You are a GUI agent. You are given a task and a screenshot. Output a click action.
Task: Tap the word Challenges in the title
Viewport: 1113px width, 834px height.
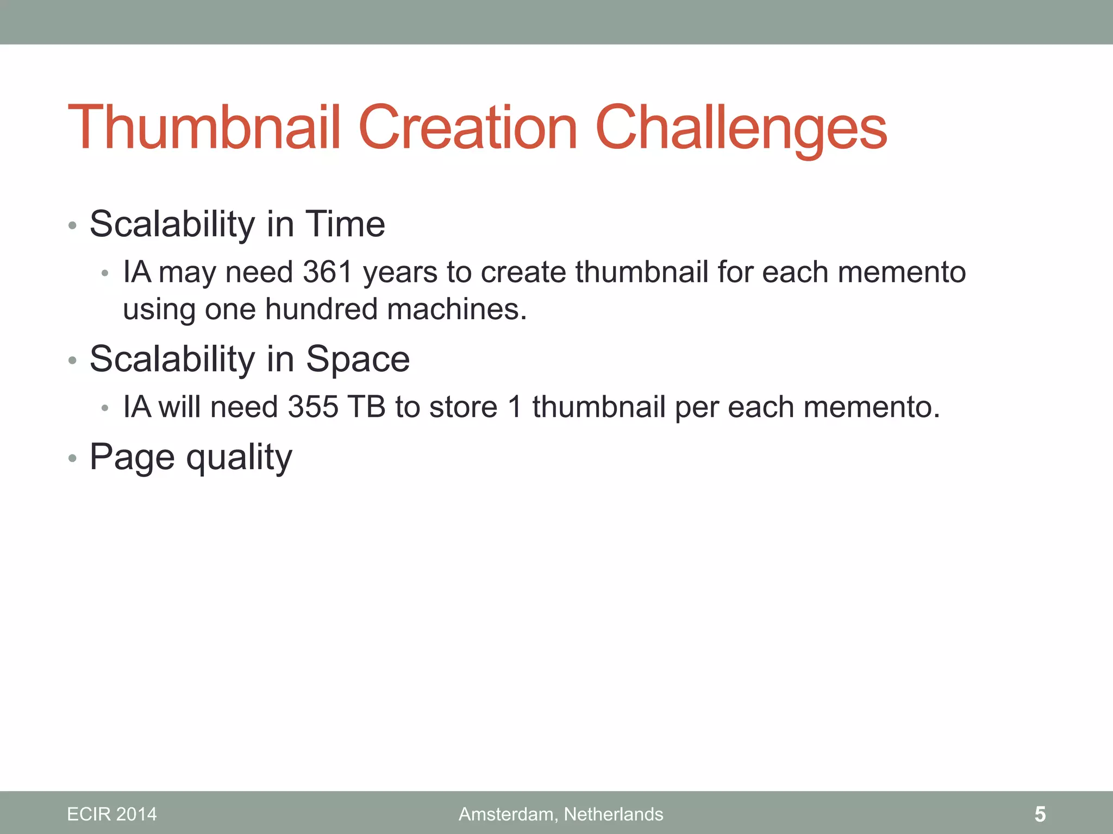click(741, 130)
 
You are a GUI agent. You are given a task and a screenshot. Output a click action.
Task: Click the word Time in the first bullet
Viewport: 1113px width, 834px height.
click(345, 224)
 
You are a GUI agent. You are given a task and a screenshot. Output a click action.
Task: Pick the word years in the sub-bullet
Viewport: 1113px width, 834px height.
click(400, 273)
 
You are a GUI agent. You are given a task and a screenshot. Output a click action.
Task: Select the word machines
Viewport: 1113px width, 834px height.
click(457, 309)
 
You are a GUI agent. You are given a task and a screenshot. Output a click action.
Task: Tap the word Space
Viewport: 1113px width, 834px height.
click(358, 359)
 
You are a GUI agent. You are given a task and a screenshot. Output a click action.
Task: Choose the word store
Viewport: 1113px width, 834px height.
click(463, 407)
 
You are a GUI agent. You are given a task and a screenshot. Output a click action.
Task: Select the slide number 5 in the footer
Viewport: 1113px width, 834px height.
click(1040, 814)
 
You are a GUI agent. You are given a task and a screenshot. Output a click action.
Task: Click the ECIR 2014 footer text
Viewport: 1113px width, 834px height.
click(111, 814)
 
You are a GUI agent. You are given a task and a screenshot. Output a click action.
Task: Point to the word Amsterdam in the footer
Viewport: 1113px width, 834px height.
click(507, 814)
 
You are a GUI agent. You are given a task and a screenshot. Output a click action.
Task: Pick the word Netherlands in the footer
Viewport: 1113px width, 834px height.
click(614, 814)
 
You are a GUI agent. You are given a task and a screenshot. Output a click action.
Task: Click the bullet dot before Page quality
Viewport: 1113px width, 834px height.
click(73, 459)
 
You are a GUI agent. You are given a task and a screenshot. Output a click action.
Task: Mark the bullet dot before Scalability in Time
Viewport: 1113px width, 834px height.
click(73, 225)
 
